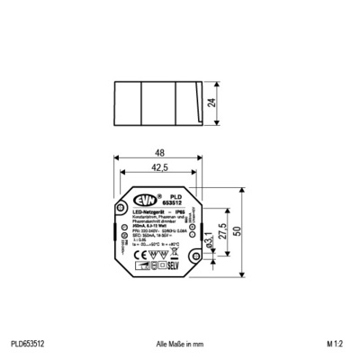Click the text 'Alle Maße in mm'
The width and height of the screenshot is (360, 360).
(181, 344)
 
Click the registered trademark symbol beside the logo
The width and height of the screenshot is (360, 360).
(158, 195)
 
